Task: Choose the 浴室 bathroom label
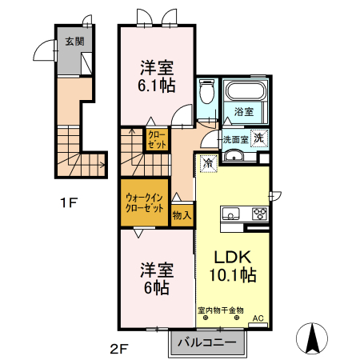243,112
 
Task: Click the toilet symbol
206,95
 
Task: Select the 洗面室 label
235,138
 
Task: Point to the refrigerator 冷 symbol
207,163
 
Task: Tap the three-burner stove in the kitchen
260,214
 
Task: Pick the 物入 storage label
182,214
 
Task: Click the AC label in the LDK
258,318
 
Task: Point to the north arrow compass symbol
313,338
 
